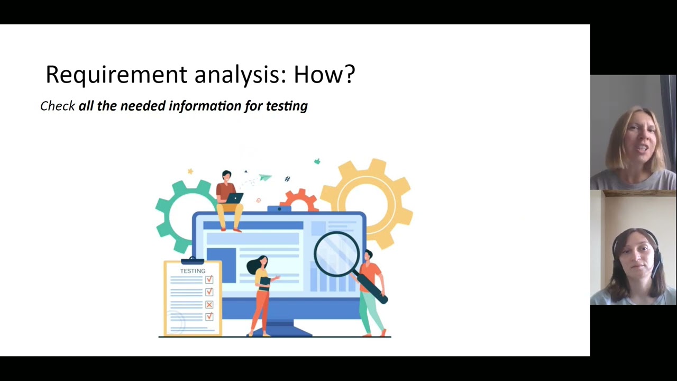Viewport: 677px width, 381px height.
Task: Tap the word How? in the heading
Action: (324, 75)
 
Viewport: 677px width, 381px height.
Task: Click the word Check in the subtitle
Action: (57, 106)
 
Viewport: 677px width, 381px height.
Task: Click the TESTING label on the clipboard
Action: (193, 271)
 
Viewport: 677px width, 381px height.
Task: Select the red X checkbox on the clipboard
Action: (209, 304)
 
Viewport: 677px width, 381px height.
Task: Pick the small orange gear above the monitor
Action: (299, 200)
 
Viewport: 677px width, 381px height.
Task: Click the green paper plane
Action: (266, 177)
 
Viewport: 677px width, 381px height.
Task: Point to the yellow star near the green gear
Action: (190, 171)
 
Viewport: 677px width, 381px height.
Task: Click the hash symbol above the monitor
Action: (287, 179)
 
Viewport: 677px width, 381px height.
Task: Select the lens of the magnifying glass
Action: (337, 254)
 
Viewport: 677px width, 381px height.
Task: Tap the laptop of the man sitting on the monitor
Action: (234, 198)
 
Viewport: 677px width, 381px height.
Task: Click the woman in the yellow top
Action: (261, 294)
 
